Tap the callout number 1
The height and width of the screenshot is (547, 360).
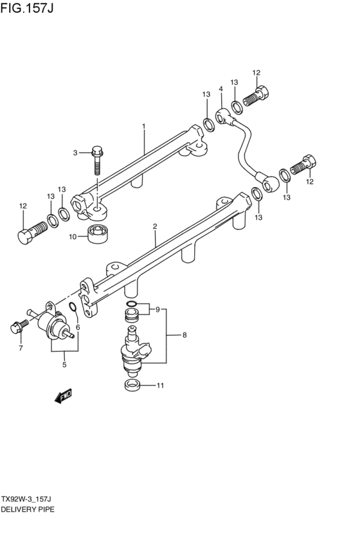[x=144, y=127]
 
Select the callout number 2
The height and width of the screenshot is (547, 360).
[x=155, y=226]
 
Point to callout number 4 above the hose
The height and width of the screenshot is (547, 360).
[x=221, y=89]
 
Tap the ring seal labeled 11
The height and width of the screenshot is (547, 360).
[x=132, y=386]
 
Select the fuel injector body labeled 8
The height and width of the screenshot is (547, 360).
[x=134, y=350]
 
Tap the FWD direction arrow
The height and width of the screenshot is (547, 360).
[x=64, y=398]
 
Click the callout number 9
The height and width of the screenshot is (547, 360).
[x=156, y=310]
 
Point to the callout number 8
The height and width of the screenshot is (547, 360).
[x=184, y=335]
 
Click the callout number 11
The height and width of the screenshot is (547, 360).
[x=161, y=386]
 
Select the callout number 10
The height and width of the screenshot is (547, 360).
[x=73, y=237]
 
